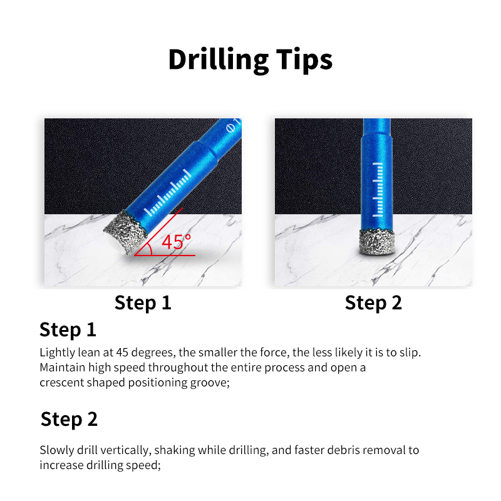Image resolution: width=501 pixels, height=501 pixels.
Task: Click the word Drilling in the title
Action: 218,59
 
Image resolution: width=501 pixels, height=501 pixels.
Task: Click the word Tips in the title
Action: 304,59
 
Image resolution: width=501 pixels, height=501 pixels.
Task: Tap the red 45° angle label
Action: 176,242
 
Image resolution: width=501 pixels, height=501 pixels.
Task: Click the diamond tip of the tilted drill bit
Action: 126,232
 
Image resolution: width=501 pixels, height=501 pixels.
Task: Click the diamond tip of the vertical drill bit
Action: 377,242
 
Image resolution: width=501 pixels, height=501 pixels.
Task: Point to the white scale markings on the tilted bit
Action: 168,193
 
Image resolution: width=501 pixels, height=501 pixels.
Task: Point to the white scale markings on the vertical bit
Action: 378,190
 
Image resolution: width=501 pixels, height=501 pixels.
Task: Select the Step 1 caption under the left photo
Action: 143,302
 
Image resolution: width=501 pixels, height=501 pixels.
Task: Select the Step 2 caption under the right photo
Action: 373,302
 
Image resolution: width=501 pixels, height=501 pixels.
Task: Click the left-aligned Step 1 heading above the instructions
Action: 68,329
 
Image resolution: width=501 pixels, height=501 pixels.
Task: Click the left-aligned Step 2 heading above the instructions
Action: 69,419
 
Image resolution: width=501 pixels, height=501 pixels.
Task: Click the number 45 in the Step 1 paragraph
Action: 122,353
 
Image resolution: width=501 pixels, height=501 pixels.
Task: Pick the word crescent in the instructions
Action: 61,383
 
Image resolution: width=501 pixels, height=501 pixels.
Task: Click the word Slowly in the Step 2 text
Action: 56,450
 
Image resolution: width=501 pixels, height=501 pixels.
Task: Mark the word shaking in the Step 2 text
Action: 175,450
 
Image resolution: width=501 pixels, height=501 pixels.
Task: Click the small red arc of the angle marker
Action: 148,247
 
